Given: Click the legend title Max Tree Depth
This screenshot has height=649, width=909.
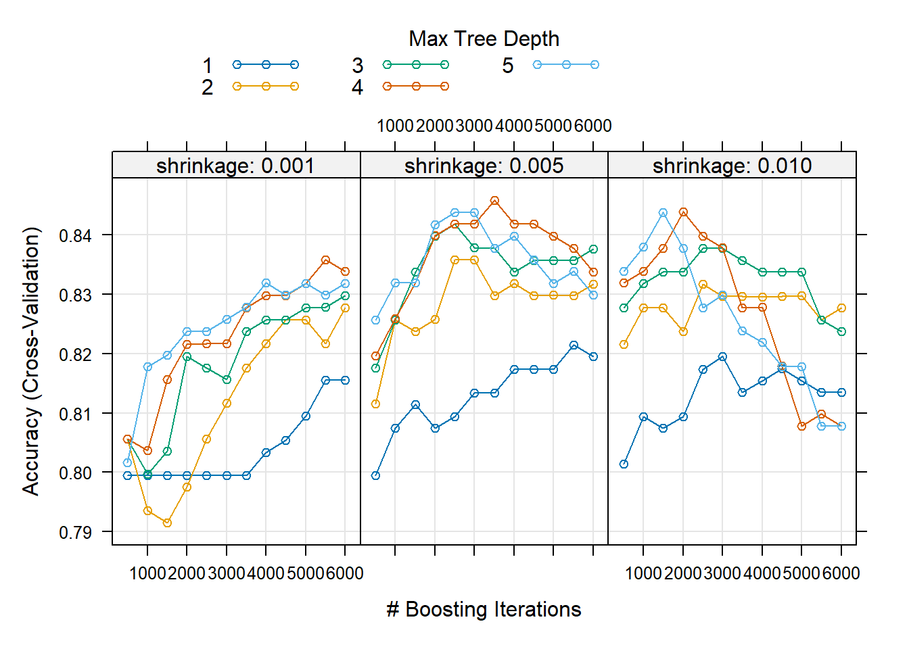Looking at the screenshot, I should pyautogui.click(x=484, y=39).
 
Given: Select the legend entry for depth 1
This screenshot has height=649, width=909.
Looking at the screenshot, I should pyautogui.click(x=265, y=65).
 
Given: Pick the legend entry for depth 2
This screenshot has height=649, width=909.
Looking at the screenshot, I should pyautogui.click(x=265, y=87).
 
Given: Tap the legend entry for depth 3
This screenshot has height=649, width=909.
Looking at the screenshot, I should pyautogui.click(x=415, y=65).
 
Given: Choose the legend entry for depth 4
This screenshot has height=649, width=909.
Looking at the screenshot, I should pyautogui.click(x=415, y=87).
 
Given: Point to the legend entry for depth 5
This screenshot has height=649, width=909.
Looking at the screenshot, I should pyautogui.click(x=565, y=65).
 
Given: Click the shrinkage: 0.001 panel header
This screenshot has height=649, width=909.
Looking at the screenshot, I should pyautogui.click(x=235, y=166).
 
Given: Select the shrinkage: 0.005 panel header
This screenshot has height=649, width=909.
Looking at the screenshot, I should pyautogui.click(x=484, y=166).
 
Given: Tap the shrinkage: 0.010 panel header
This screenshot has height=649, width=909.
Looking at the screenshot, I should pyautogui.click(x=732, y=166).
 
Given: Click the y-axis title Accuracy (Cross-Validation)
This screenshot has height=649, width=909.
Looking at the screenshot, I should pyautogui.click(x=31, y=361).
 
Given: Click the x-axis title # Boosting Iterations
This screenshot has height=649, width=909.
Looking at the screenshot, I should pyautogui.click(x=484, y=609).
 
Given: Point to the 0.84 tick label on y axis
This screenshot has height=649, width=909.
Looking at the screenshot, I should pyautogui.click(x=75, y=236).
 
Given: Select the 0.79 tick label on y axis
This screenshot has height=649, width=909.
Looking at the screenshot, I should pyautogui.click(x=75, y=533).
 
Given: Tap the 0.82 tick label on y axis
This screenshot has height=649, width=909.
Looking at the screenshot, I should pyautogui.click(x=75, y=354).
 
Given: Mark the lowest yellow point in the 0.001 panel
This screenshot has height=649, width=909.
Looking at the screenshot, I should pyautogui.click(x=167, y=523).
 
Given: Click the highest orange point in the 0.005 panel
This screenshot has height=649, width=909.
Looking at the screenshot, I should pyautogui.click(x=494, y=201).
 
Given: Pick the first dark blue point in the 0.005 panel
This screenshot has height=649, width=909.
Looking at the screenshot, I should pyautogui.click(x=375, y=475).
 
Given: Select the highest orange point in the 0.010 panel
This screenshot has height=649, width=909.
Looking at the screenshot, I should pyautogui.click(x=683, y=212).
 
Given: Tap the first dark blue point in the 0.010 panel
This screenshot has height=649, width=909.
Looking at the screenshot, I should pyautogui.click(x=624, y=464).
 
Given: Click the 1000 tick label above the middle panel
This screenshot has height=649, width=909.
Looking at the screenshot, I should pyautogui.click(x=395, y=126).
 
